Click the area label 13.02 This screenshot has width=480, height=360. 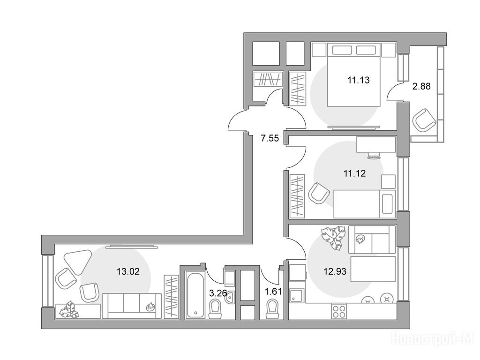[128, 271]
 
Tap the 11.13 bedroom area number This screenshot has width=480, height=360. [358, 80]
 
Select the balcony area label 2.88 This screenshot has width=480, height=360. [421, 86]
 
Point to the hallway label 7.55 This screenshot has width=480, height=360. [270, 138]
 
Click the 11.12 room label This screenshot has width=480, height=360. [354, 173]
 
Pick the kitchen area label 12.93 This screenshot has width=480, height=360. [335, 271]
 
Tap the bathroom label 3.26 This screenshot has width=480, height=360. [218, 293]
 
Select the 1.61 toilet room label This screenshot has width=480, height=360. [273, 292]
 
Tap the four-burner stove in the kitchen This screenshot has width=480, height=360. [338, 312]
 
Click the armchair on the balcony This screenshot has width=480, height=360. [424, 120]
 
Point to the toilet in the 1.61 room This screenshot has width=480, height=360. [273, 309]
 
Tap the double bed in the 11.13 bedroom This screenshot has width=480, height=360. [354, 75]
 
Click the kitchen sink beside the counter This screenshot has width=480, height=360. [297, 296]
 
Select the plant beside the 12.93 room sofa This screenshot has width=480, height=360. [333, 238]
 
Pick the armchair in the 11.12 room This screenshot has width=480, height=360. [319, 194]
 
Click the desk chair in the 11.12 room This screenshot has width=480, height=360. [374, 156]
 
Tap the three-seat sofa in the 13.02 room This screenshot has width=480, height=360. [132, 306]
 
